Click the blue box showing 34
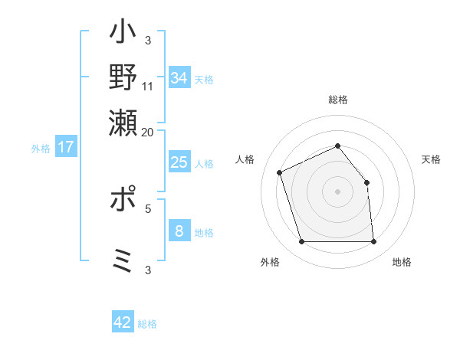coord(179,78)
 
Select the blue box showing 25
coord(179,162)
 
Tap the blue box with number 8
coord(179,231)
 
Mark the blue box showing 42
coord(122,322)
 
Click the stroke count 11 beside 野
coord(148,86)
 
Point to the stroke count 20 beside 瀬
coord(148,132)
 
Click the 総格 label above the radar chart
coord(338,100)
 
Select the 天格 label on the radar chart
coord(432,159)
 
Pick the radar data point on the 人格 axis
coord(281,172)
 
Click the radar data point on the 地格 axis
coord(373,242)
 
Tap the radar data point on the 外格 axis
coord(301,242)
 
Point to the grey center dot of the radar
coord(337,191)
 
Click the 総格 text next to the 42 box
coord(147,324)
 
